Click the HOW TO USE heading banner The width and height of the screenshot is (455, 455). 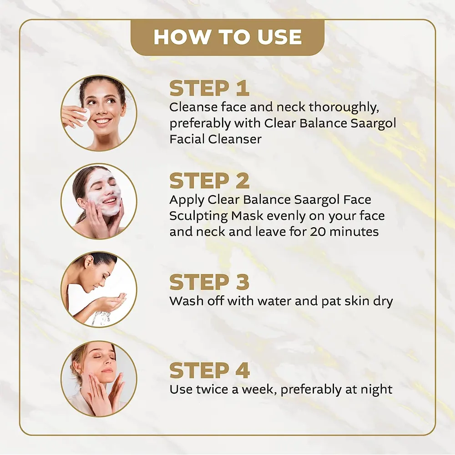click(227, 37)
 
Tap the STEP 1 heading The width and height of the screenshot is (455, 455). click(209, 88)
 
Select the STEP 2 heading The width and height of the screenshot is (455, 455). click(209, 181)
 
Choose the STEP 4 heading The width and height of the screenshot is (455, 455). click(209, 370)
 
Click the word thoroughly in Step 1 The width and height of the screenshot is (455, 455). click(344, 107)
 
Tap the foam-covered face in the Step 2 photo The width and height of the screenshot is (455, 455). click(105, 192)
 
